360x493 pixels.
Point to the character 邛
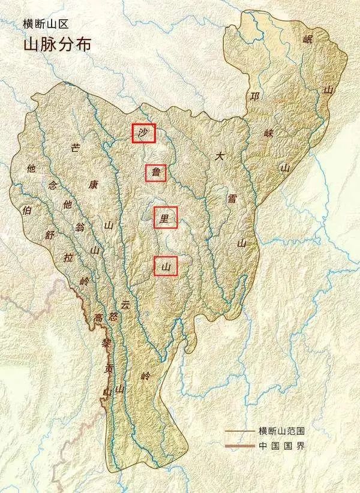pos(255,97)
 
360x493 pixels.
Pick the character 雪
pos(232,199)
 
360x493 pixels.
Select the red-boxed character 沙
pos(143,134)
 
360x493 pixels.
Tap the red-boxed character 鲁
pos(155,173)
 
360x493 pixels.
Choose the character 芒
pos(76,148)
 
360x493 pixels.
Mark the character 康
pos(92,185)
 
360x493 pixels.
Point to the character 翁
pos(80,227)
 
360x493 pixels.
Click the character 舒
pos(50,236)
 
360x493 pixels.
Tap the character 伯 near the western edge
pos(26,211)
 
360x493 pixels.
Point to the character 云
pos(125,305)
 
